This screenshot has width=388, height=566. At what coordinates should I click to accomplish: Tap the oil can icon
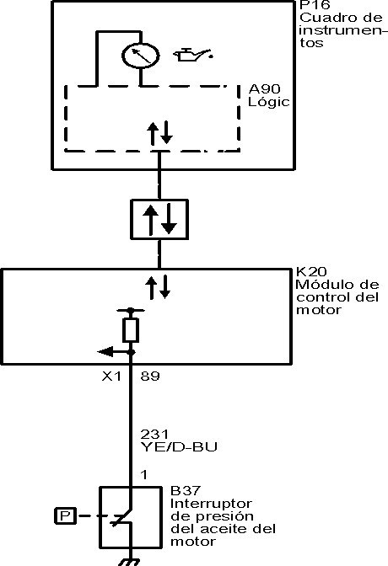(x=193, y=55)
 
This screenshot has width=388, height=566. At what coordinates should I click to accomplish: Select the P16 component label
(x=315, y=5)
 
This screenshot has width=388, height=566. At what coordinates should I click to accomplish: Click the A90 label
(x=264, y=88)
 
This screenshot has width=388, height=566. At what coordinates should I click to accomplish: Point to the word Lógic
(x=269, y=101)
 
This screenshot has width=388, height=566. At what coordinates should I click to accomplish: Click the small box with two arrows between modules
(x=159, y=220)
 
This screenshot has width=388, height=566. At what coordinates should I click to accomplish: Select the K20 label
(x=311, y=271)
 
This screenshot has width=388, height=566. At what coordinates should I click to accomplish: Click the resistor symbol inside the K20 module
(x=131, y=330)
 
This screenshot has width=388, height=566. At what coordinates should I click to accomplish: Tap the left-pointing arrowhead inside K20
(x=105, y=351)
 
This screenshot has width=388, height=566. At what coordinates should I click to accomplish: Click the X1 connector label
(x=111, y=376)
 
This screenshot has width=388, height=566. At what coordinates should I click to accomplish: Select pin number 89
(x=150, y=376)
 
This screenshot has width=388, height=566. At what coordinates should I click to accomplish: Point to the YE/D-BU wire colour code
(x=179, y=447)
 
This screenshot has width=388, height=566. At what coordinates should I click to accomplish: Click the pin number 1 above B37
(x=144, y=475)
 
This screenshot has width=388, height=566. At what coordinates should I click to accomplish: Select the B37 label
(x=185, y=491)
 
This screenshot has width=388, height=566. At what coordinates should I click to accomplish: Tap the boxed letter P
(x=65, y=515)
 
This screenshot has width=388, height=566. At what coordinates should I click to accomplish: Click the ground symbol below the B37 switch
(x=129, y=562)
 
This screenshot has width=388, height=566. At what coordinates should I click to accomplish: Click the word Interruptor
(x=211, y=503)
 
